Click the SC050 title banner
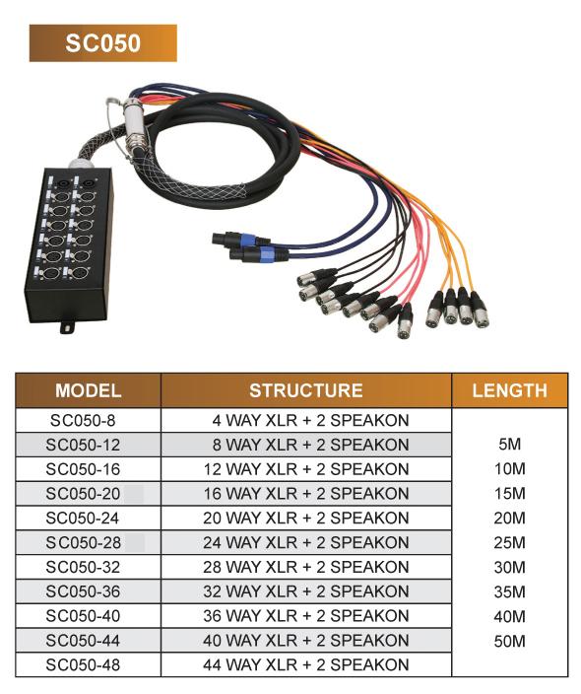pyautogui.click(x=103, y=43)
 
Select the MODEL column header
pyautogui.click(x=88, y=390)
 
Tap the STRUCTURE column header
pyautogui.click(x=306, y=390)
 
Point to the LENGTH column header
pyautogui.click(x=509, y=390)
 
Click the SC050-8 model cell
pyautogui.click(x=83, y=421)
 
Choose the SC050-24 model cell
pyautogui.click(x=83, y=518)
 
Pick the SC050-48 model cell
pyautogui.click(x=83, y=664)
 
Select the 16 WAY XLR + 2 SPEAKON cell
pyautogui.click(x=306, y=494)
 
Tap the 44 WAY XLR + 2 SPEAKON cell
pyautogui.click(x=306, y=664)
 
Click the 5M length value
pyautogui.click(x=510, y=445)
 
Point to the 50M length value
pyautogui.click(x=510, y=641)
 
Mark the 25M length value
pyautogui.click(x=510, y=542)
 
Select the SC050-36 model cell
pyautogui.click(x=83, y=591)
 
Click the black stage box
pyautogui.click(x=69, y=243)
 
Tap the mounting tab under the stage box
pyautogui.click(x=68, y=326)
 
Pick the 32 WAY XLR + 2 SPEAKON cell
pyautogui.click(x=306, y=591)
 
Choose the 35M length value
pyautogui.click(x=510, y=591)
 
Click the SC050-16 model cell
pyautogui.click(x=83, y=469)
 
